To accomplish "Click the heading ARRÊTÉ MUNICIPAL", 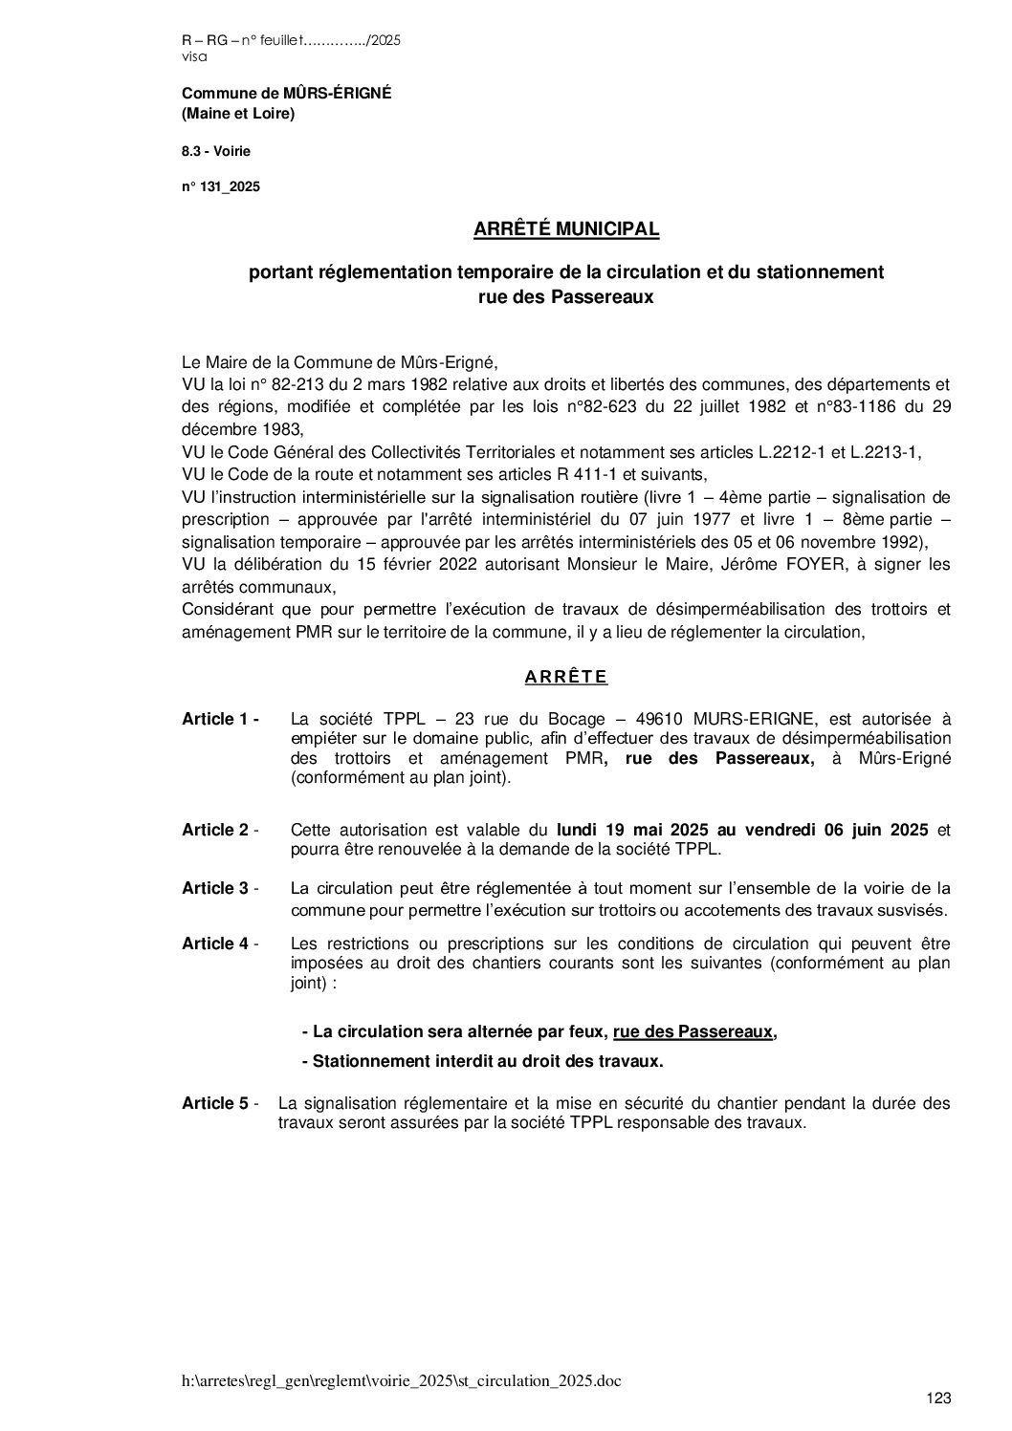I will tap(566, 229).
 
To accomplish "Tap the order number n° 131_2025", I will tap(221, 187).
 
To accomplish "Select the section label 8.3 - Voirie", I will tap(216, 151).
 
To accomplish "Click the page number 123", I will tap(939, 1398).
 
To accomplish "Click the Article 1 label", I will tap(220, 719).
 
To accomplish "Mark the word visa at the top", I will tap(193, 56).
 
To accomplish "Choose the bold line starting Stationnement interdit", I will tap(483, 1060).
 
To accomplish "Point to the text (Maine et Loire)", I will tap(238, 115).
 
